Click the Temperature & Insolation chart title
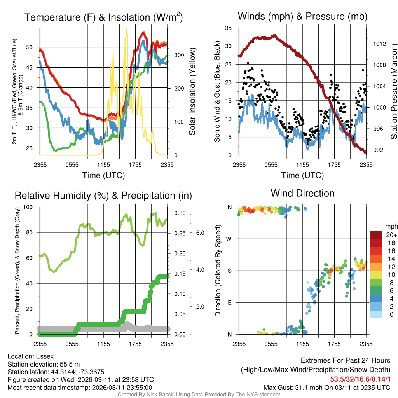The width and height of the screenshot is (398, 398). (103, 17)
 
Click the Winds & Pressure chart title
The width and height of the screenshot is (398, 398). (302, 17)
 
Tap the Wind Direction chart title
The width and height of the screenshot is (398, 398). (302, 193)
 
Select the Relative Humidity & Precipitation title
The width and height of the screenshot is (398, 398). (103, 196)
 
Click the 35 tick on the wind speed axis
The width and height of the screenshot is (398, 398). (229, 28)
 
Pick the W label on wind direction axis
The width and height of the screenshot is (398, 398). (229, 239)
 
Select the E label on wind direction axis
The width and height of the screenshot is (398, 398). (229, 302)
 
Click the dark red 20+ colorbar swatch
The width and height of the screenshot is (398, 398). (377, 235)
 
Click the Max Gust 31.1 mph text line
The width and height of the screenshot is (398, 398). (326, 388)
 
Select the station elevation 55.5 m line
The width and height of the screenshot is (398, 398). (44, 364)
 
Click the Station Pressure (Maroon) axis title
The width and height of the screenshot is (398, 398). (393, 92)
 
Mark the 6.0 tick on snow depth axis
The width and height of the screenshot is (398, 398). (200, 233)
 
